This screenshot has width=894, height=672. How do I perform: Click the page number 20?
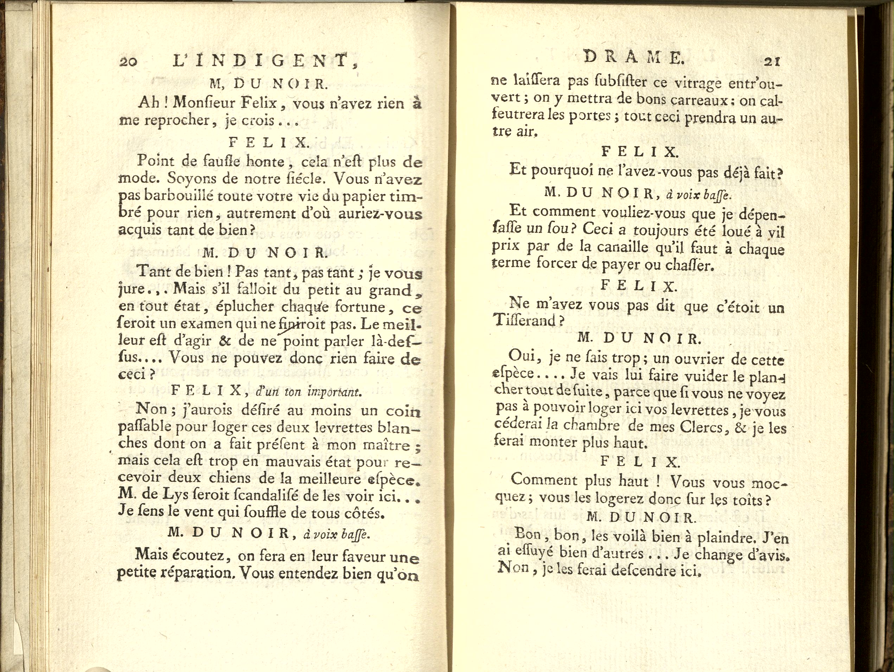pos(128,61)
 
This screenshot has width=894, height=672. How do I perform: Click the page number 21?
pos(772,62)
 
